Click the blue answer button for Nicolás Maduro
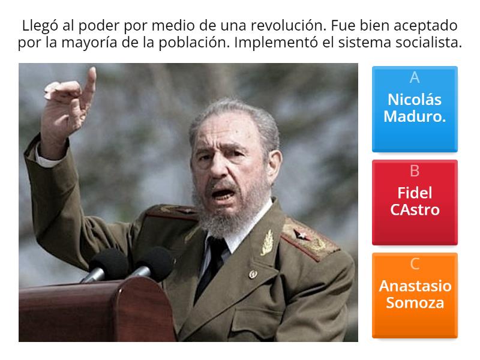pos(415,109)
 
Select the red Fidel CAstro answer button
pos(415,202)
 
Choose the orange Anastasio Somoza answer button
pos(415,295)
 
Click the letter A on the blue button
pos(415,77)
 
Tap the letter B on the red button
pos(415,171)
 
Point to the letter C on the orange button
pos(415,264)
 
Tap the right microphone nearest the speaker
pos(153,264)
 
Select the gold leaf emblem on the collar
pos(267,242)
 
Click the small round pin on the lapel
pos(253,274)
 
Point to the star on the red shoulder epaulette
pos(301,235)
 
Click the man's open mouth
pos(223,193)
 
